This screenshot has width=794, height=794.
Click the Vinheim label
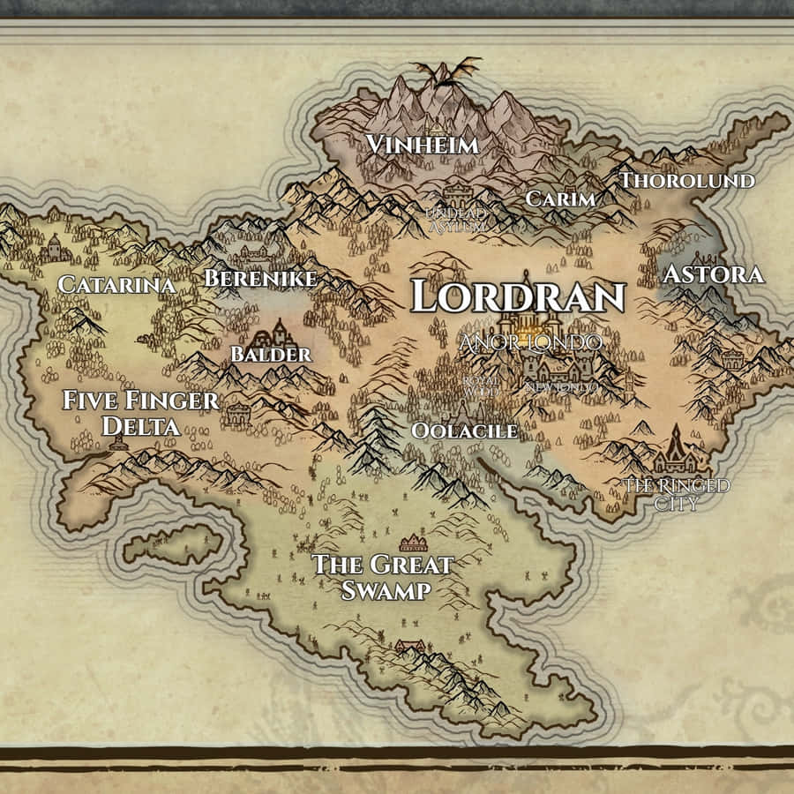423,145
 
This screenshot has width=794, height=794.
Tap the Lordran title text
518,297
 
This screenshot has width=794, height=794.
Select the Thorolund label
687,181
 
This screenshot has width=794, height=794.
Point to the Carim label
560,199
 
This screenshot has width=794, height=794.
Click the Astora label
713,274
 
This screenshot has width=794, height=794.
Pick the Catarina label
116,284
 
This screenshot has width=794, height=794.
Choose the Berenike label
260,279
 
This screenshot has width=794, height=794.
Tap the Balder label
271,355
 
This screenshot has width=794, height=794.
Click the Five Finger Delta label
140,413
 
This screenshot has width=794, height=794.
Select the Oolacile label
464,431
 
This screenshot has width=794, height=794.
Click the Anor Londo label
532,342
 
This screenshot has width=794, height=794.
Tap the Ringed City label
677,495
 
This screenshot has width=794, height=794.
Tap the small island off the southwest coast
173,545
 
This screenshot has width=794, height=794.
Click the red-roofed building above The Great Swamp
413,543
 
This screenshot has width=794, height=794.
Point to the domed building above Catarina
55,247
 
